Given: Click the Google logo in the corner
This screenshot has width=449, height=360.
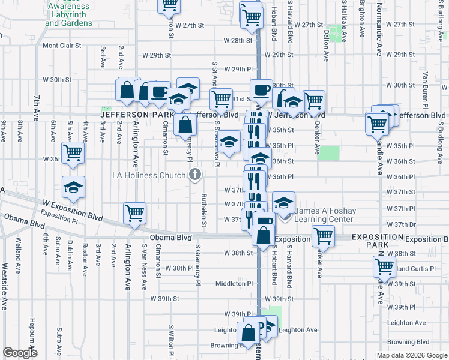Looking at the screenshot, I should pyautogui.click(x=20, y=353).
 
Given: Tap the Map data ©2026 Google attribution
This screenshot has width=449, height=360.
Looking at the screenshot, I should pyautogui.click(x=412, y=355).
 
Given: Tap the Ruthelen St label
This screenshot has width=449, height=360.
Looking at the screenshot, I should pyautogui.click(x=204, y=211).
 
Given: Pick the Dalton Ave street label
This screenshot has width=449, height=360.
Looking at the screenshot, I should pyautogui.click(x=327, y=46).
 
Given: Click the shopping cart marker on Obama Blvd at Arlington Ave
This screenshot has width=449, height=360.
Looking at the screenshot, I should pyautogui.click(x=135, y=214).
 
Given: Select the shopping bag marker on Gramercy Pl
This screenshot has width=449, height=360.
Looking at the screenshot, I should pyautogui.click(x=185, y=125).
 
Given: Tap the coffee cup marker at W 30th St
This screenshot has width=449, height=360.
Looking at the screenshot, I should pyautogui.click(x=261, y=90).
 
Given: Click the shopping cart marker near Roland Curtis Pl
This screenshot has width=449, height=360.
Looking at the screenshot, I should pyautogui.click(x=384, y=266).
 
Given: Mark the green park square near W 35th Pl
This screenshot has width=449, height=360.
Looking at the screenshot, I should pyautogui.click(x=328, y=152).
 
